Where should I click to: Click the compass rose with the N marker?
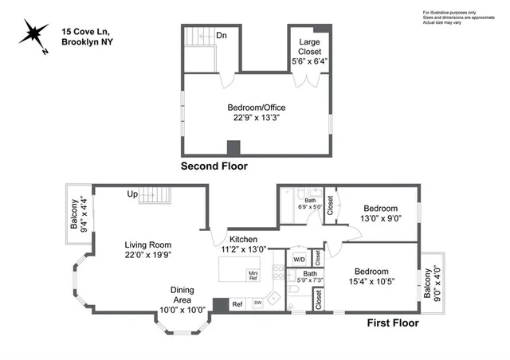coord(33,36)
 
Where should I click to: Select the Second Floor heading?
coord(214,166)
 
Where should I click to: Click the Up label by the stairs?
coord(133,194)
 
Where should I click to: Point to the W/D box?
coord(300,258)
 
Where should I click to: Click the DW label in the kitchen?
coord(257,303)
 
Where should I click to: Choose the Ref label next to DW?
coord(237,303)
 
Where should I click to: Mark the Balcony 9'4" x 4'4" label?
coord(79,214)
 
